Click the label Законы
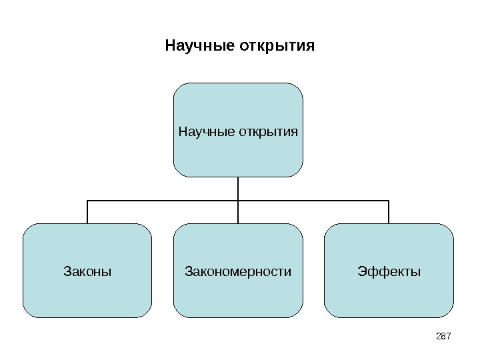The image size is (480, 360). click(87, 272)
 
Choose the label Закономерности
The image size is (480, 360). click(238, 272)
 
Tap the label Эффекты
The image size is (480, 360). click(389, 272)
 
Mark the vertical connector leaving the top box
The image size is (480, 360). click(238, 187)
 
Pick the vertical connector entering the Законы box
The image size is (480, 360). click(87, 212)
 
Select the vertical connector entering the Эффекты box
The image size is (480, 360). click(389, 212)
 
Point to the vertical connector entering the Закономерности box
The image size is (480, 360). click(238, 212)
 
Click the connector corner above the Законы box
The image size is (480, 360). click(87, 200)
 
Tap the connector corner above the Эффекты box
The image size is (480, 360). click(389, 200)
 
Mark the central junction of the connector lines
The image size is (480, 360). click(238, 200)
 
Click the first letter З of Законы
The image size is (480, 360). click(66, 272)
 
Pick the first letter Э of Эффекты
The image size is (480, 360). click(361, 272)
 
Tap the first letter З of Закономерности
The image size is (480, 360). click(187, 272)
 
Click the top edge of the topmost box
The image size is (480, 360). click(238, 83)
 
